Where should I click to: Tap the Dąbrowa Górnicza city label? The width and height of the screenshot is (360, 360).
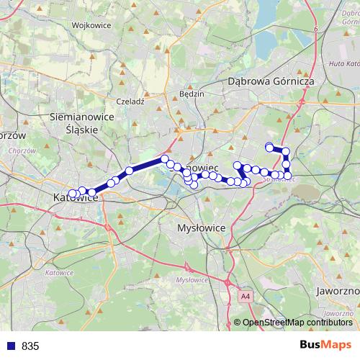[271, 82]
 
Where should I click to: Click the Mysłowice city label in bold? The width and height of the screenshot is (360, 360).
[201, 227]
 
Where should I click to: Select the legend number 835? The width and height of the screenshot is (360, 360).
[30, 346]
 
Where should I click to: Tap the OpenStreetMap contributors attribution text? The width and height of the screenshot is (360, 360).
[297, 323]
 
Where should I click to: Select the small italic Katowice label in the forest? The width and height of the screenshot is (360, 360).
[59, 273]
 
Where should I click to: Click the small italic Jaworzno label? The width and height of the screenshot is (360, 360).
[338, 314]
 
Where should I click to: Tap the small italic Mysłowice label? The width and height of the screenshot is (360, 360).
[192, 279]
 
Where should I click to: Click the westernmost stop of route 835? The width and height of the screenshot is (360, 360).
[73, 194]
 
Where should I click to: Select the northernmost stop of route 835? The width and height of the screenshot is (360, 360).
[269, 147]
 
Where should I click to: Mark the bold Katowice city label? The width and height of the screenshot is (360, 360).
[76, 198]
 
